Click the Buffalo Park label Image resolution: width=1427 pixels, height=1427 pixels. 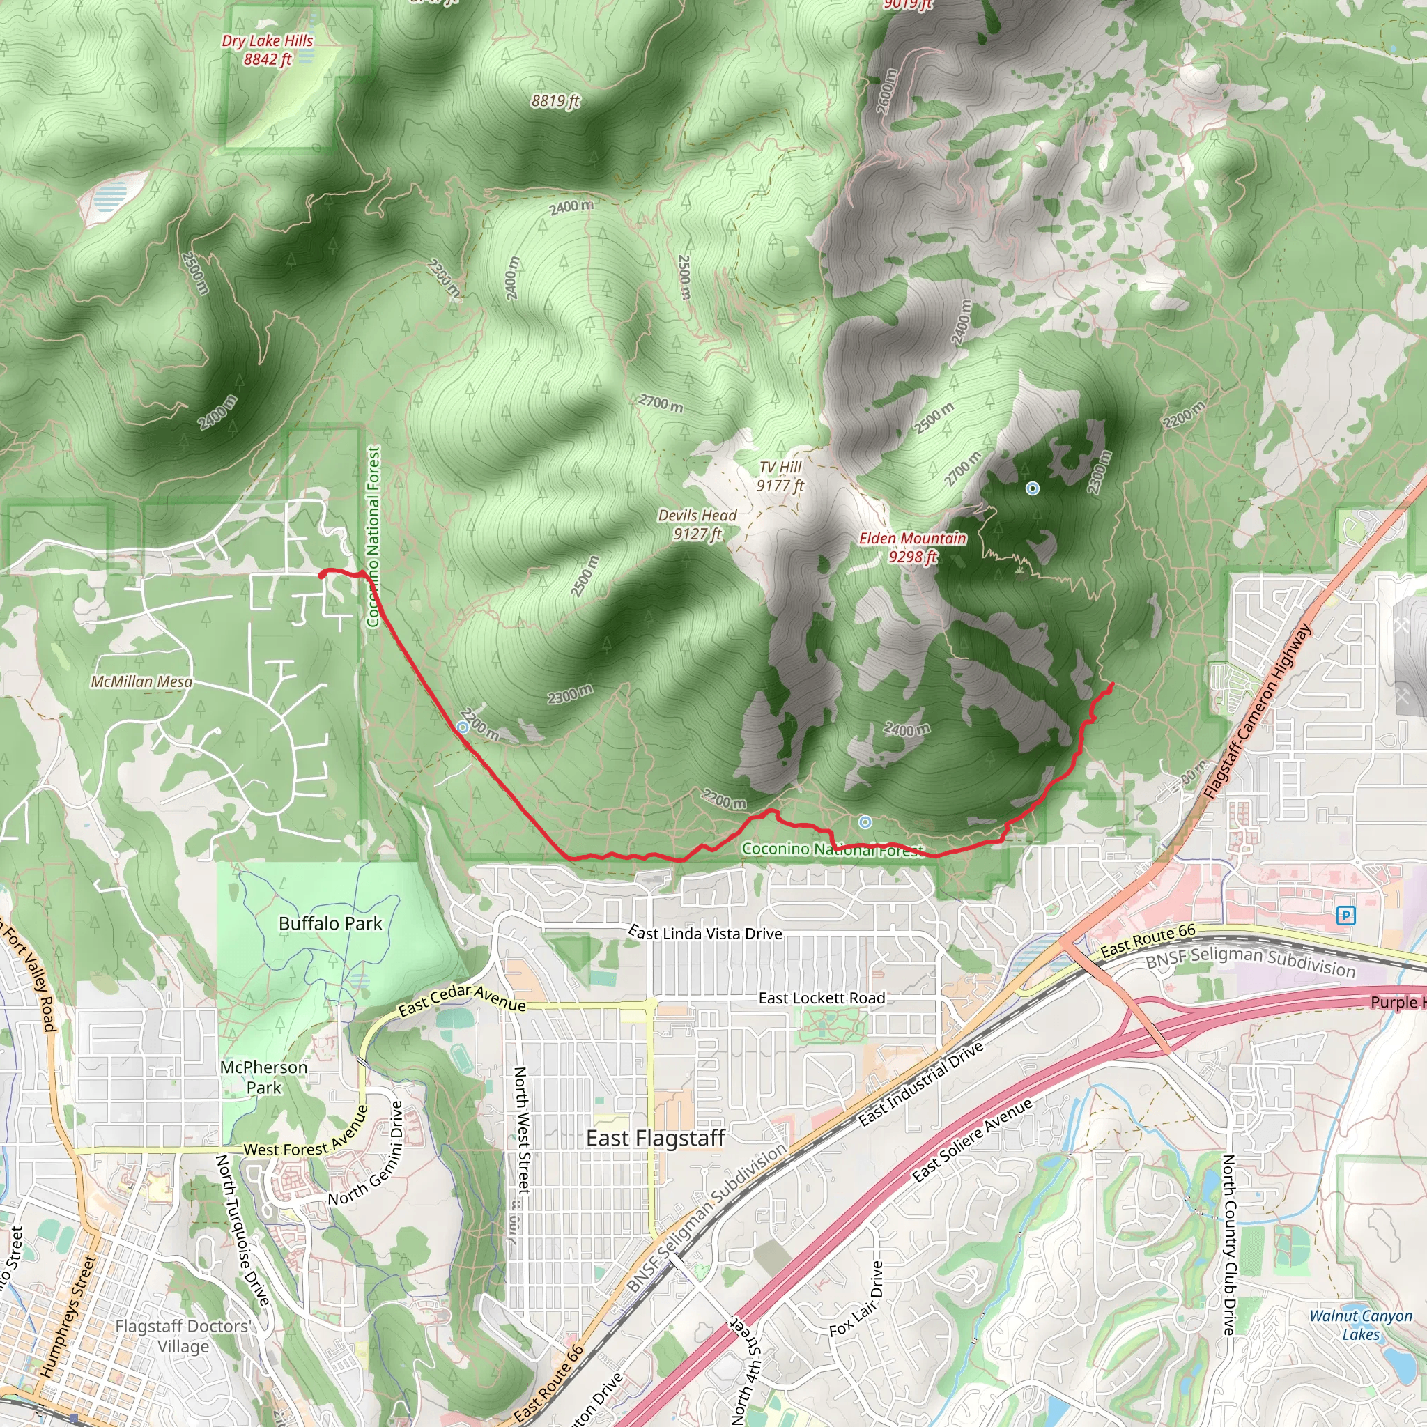[x=330, y=923]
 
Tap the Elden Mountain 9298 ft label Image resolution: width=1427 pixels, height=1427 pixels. [x=912, y=547]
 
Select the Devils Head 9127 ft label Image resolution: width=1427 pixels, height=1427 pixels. [x=697, y=525]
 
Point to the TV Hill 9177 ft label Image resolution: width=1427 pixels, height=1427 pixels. [x=780, y=477]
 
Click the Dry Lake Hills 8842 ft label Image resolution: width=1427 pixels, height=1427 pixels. [x=268, y=50]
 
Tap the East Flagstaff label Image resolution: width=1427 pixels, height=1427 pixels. [x=655, y=1139]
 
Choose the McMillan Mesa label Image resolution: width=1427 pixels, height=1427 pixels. [x=141, y=681]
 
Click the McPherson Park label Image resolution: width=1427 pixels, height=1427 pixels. [x=263, y=1077]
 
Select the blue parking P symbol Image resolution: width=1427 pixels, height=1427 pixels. [x=1345, y=916]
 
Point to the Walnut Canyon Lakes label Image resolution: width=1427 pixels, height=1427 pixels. [x=1361, y=1325]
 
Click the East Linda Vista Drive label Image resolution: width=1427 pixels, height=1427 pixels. [x=705, y=933]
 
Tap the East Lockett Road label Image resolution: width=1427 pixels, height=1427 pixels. [x=822, y=998]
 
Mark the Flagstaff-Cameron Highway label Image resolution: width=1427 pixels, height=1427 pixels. [x=1257, y=711]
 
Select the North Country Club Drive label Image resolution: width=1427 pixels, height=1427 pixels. [x=1228, y=1244]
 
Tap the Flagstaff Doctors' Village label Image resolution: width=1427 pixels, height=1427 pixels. [x=183, y=1336]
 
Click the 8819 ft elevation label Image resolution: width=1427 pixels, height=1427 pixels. [x=555, y=100]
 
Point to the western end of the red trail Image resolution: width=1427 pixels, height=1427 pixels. [x=321, y=574]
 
